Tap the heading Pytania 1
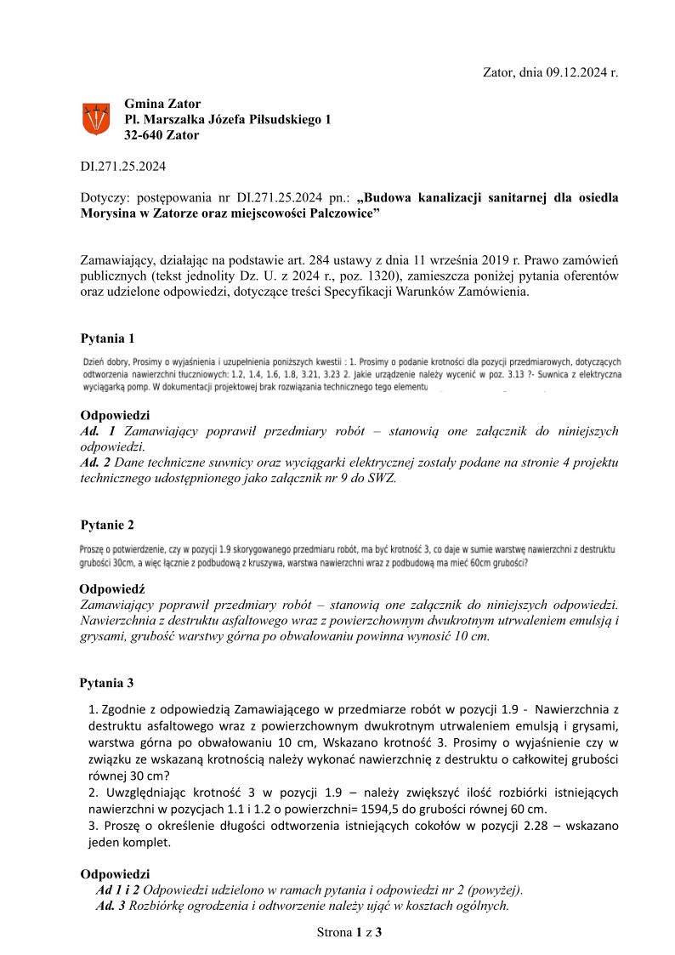(x=107, y=338)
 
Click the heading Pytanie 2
(x=107, y=525)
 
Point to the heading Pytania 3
(x=107, y=683)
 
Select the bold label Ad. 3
(x=111, y=905)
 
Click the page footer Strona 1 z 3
(x=349, y=932)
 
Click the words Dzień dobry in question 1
(x=102, y=361)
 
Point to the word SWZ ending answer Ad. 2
(x=381, y=478)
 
